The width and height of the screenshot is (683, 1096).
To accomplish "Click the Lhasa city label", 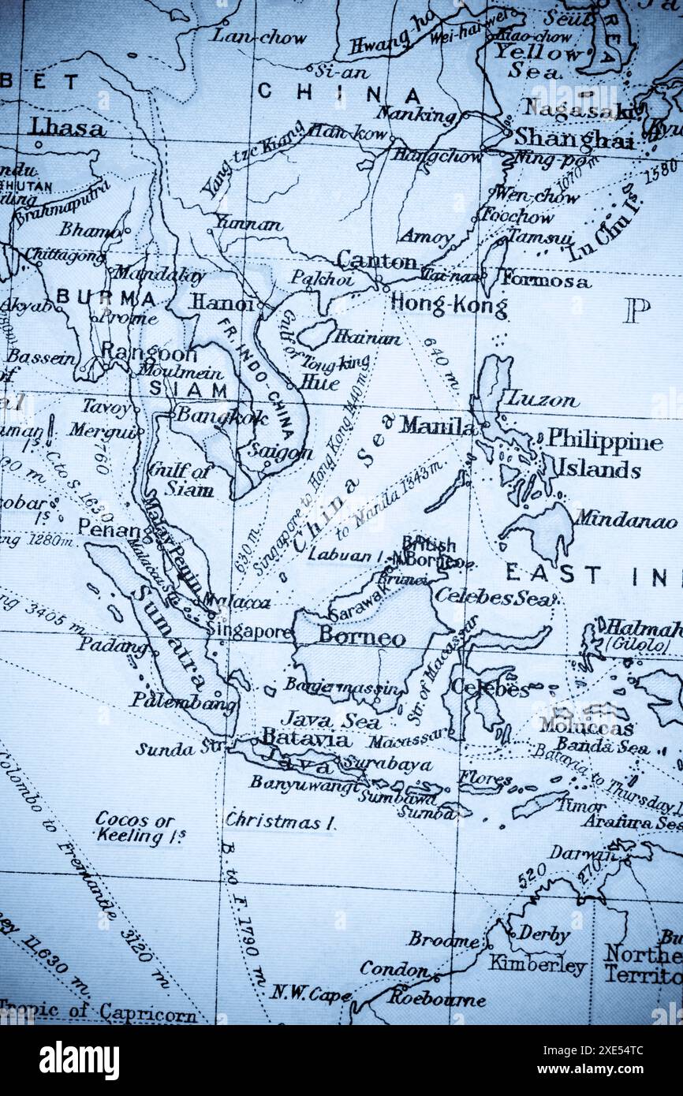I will pos(67,127).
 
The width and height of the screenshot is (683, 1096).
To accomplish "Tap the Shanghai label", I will pos(573,139).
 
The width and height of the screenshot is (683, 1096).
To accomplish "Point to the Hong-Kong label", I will pos(449,306).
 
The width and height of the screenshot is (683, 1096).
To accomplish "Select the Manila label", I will pos(437,426).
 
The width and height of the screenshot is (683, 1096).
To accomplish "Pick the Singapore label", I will pos(250,631).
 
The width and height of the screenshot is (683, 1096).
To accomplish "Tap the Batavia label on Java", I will pos(306,739).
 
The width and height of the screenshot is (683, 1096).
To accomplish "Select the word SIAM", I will pos(188,389).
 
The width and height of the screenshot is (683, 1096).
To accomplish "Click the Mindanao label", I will pos(625,521).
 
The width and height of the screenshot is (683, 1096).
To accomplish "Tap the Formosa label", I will pos(545,281).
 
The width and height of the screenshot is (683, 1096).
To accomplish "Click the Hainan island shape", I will pos(316,333).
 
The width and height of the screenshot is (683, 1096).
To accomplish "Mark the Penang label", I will pos(114,529).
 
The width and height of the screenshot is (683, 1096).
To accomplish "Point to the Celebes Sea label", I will pos(495,597).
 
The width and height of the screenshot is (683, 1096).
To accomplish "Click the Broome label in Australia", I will pos(442,939).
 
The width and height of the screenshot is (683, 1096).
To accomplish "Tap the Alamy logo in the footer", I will pos(79,1061).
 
